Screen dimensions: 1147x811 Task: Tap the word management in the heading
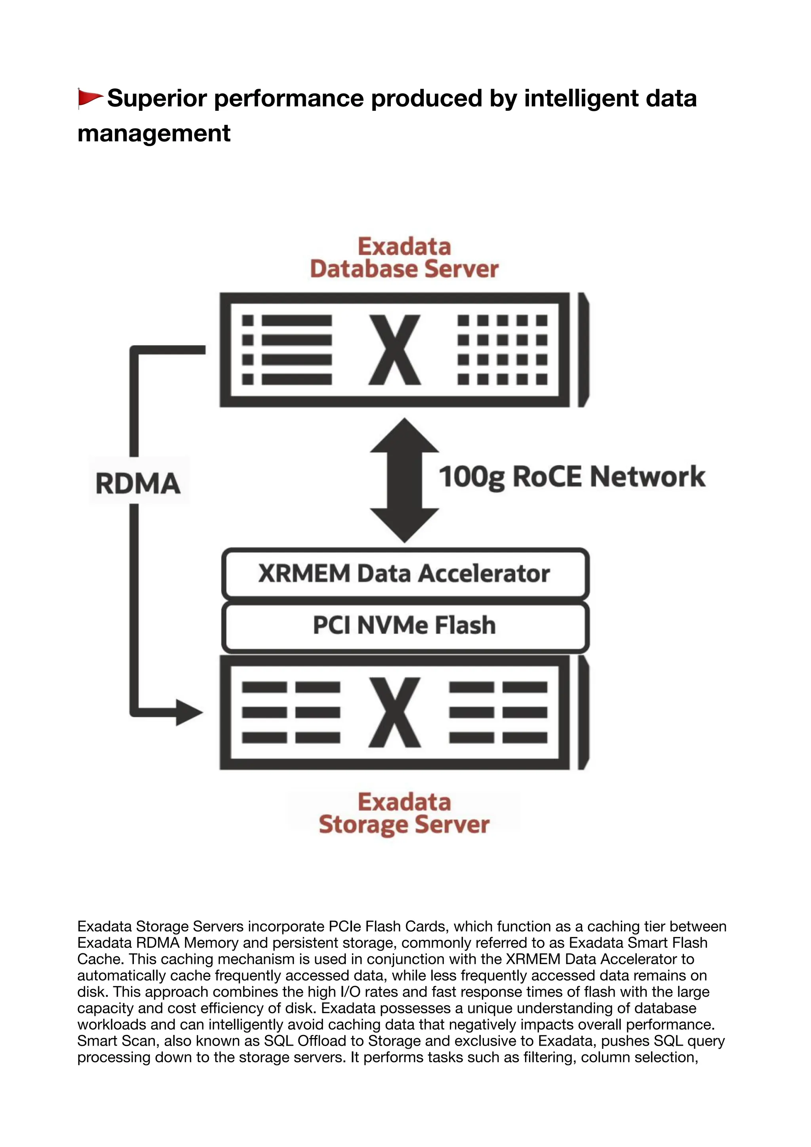pyautogui.click(x=154, y=133)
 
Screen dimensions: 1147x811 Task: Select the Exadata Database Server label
pyautogui.click(x=404, y=258)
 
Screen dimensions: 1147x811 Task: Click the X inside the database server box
pyautogui.click(x=394, y=350)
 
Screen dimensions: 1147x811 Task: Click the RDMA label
pyautogui.click(x=138, y=484)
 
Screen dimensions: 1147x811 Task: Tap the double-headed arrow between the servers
pyautogui.click(x=404, y=480)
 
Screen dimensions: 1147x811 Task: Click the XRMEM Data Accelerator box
pyautogui.click(x=404, y=573)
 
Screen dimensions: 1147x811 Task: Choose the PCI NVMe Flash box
pyautogui.click(x=404, y=625)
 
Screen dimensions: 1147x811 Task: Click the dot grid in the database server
pyautogui.click(x=503, y=350)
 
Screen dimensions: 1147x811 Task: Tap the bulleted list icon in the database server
pyautogui.click(x=287, y=350)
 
